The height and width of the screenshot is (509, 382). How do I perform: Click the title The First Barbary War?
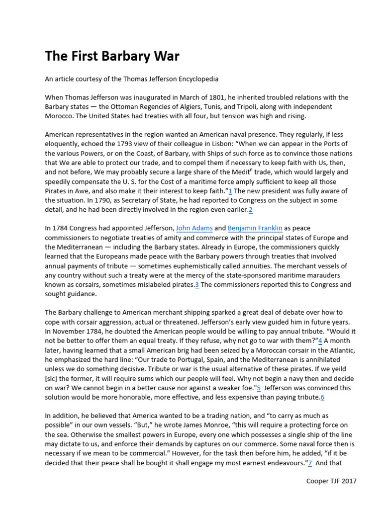click(x=112, y=56)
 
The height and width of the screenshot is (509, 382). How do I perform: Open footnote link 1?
click(x=230, y=191)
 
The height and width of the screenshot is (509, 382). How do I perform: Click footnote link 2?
click(x=251, y=210)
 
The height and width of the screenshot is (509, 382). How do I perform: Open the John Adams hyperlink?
click(x=194, y=228)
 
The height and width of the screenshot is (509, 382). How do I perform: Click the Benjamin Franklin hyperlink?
click(x=255, y=228)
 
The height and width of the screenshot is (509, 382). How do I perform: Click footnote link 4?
click(x=320, y=340)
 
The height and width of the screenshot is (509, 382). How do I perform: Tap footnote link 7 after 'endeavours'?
click(x=310, y=462)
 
